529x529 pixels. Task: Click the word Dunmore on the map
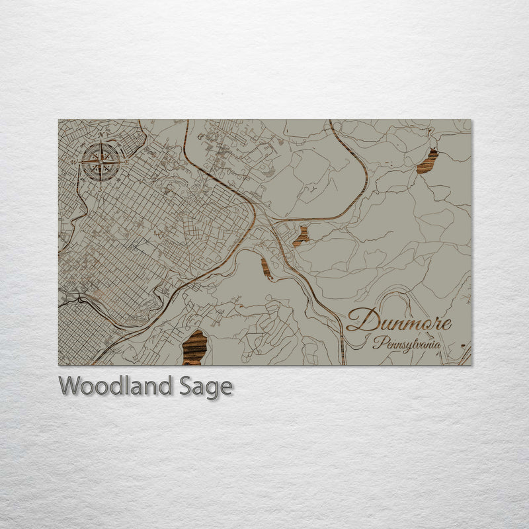399,321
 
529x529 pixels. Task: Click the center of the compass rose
101,160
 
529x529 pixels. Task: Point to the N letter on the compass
101,136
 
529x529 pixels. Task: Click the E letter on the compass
125,160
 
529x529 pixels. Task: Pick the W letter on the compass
77,160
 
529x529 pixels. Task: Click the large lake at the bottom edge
194,347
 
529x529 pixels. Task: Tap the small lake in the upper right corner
427,161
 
